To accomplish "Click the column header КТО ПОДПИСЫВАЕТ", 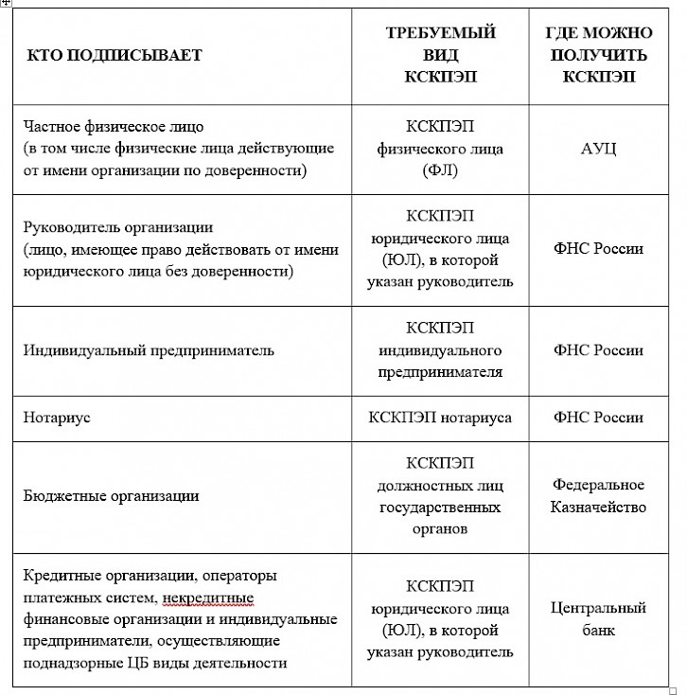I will click(x=113, y=55).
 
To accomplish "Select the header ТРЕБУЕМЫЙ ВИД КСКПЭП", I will click(x=440, y=55).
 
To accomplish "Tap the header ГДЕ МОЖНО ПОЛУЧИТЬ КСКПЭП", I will click(x=598, y=55).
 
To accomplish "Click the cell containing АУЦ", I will click(x=598, y=149).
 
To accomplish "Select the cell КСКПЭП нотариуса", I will click(x=440, y=418).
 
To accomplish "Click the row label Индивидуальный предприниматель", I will click(x=149, y=350).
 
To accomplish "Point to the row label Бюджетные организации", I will click(x=111, y=495).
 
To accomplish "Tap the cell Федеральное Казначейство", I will click(x=598, y=495).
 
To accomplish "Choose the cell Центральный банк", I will click(x=598, y=617).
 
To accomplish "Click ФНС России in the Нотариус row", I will click(x=598, y=418).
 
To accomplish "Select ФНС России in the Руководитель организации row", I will click(x=598, y=249).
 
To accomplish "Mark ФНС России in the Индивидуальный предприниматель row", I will click(x=598, y=350).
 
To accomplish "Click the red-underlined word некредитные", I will click(x=207, y=597).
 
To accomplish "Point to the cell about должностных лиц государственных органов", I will click(x=440, y=496).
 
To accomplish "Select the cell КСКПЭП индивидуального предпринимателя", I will click(x=440, y=350).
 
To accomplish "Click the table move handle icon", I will click(x=6, y=4).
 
